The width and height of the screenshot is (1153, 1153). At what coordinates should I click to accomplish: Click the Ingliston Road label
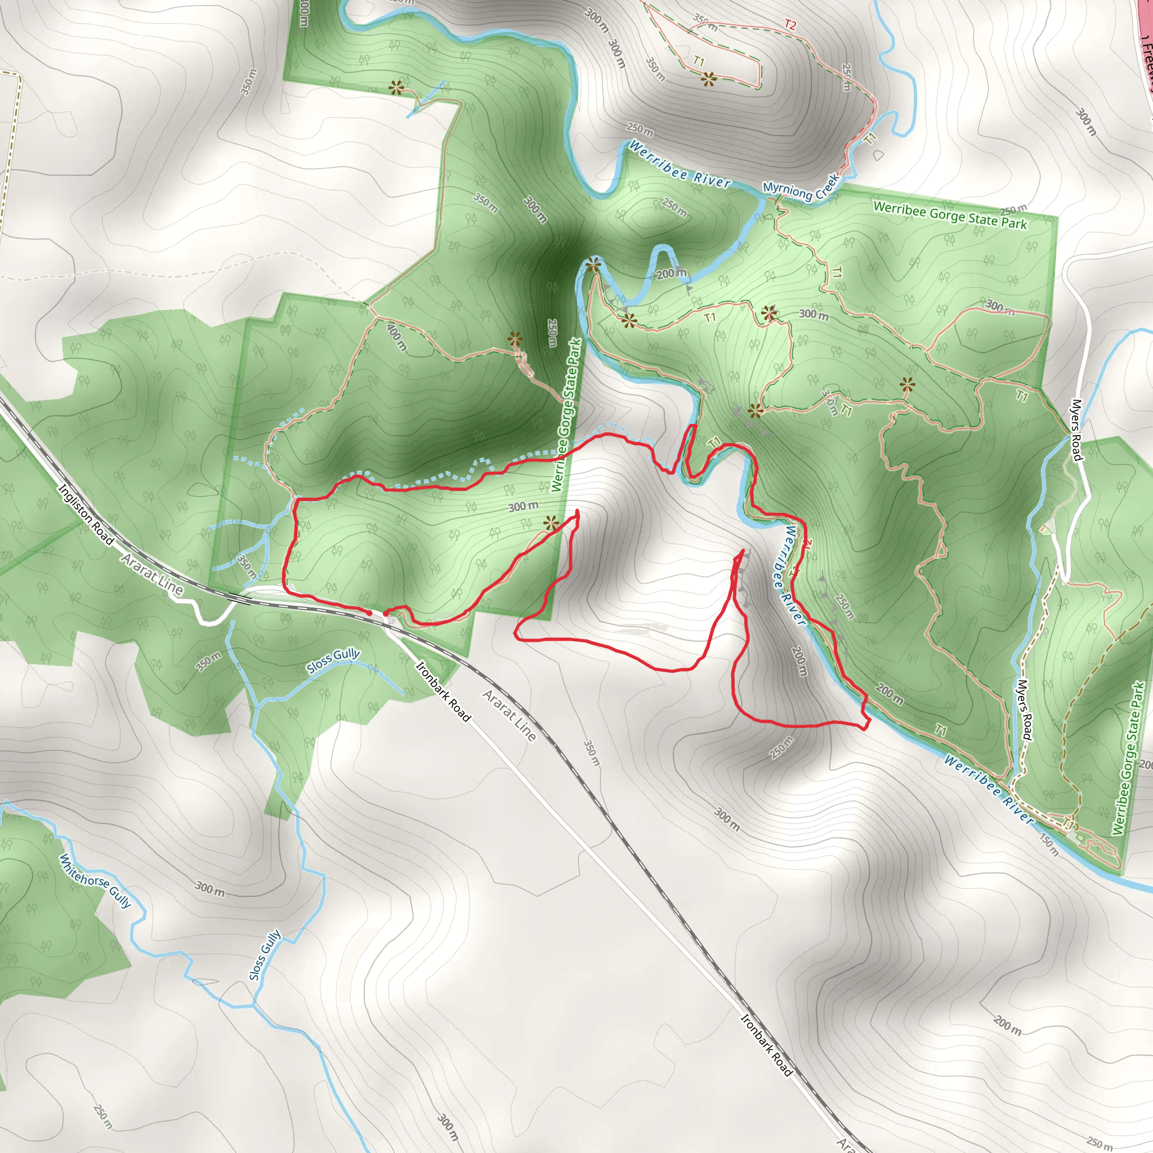(86, 514)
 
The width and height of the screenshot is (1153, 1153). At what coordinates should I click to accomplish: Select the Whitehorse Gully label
(95, 881)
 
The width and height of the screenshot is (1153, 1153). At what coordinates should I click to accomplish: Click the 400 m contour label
(396, 337)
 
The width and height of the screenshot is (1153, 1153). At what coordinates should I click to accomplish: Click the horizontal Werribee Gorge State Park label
(950, 216)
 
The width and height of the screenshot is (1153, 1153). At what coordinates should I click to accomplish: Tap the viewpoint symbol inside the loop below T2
(708, 78)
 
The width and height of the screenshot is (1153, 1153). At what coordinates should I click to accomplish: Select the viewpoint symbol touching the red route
(551, 524)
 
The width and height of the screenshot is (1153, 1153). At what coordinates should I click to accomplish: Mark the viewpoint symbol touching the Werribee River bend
(593, 265)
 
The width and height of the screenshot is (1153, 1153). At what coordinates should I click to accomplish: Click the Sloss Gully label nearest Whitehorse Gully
(265, 955)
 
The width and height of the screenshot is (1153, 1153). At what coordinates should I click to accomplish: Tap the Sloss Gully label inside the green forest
(333, 660)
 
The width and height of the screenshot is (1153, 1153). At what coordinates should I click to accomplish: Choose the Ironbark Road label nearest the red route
(443, 692)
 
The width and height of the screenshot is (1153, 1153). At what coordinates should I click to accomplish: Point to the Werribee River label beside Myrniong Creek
(679, 165)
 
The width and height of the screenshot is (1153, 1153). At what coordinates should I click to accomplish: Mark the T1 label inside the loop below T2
(699, 61)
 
